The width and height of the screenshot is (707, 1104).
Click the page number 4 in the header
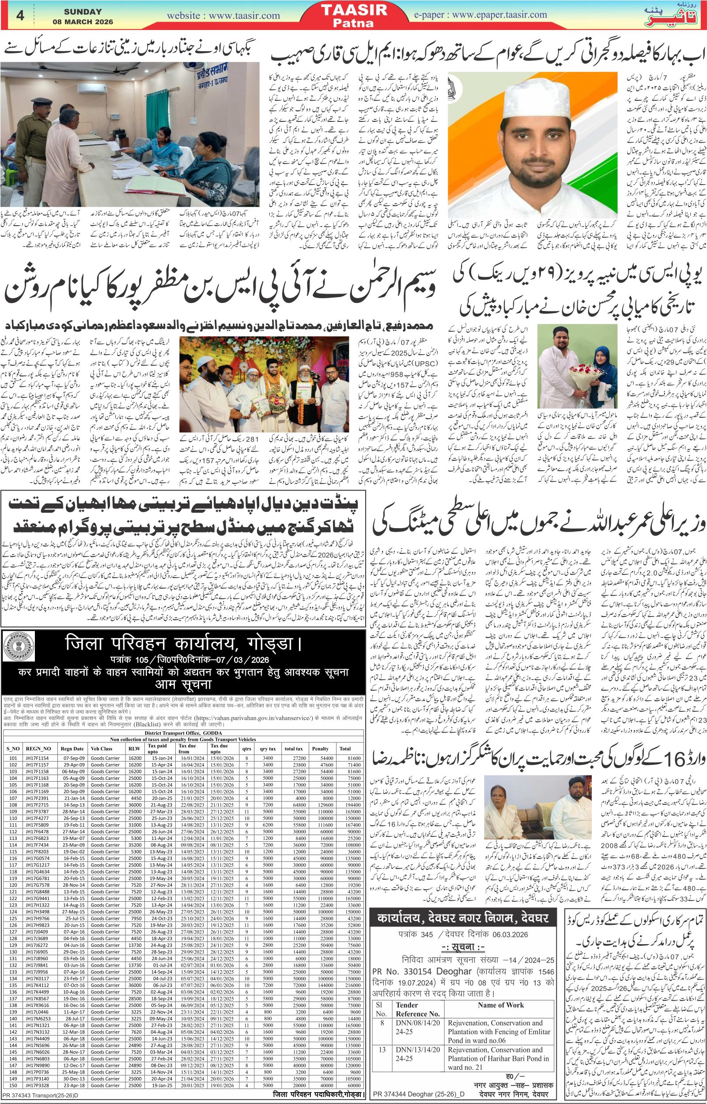[x=20, y=16]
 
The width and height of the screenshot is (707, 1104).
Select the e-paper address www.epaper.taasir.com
[x=499, y=15]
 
